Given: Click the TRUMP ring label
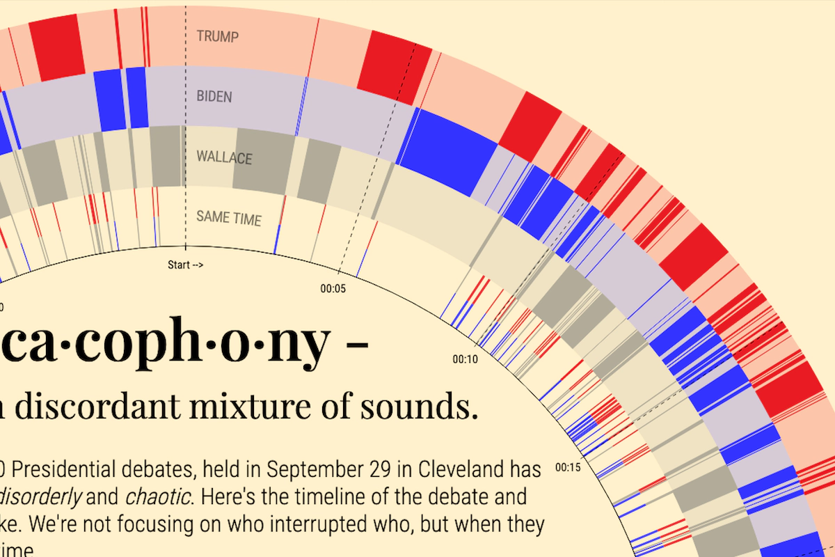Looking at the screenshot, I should coord(216,36).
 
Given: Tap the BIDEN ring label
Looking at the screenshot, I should coord(214,96).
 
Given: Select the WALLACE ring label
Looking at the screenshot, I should coord(224,157).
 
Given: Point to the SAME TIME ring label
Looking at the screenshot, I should coord(229,218).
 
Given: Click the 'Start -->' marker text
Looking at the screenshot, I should coord(185,265).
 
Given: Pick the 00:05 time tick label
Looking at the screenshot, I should coord(332,288).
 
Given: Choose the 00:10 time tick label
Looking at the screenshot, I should coord(465,360).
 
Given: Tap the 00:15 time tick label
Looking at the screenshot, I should coord(567,466).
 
